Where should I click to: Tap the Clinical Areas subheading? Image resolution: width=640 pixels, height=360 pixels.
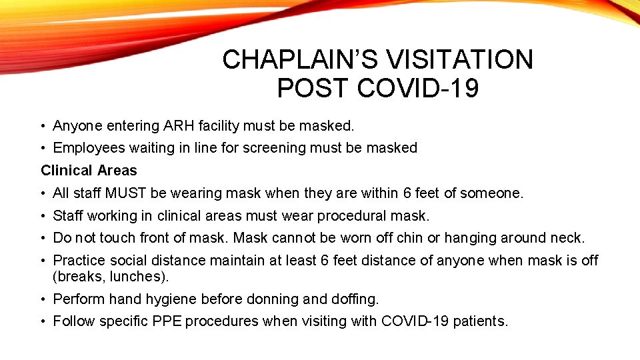tap(89, 171)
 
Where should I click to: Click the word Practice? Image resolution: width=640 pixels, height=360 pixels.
tap(78, 260)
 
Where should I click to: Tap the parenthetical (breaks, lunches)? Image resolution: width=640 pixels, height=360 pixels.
tap(107, 275)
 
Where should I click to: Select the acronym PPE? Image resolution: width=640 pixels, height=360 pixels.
tap(165, 321)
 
